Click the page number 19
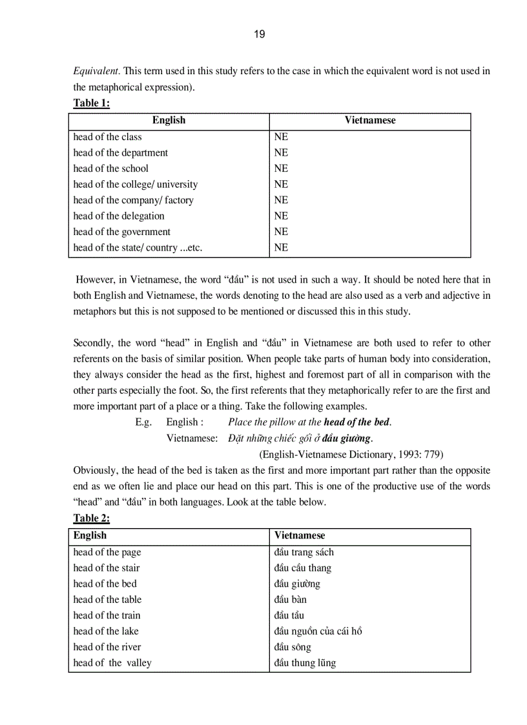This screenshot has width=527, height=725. pos(259,35)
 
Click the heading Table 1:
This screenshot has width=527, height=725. pos(91,103)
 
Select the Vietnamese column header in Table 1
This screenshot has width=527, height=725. pos(370,120)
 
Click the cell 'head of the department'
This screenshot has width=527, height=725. pos(121,153)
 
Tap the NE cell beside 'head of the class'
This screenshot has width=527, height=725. pos(281,137)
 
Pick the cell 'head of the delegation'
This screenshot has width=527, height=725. pos(119,216)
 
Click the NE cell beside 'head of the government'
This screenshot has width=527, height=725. pos(281,232)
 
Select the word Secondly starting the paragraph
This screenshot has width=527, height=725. pos(93,343)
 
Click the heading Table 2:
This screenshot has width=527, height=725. pos(91,518)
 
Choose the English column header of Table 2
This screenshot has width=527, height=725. pos(90,536)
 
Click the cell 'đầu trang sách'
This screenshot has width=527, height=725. pos(304,553)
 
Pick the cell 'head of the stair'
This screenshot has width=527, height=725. pos(107,568)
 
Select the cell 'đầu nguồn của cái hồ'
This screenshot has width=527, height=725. pos(318,631)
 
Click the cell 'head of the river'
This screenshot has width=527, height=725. pos(107,647)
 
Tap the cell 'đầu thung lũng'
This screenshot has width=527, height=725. pos(305,663)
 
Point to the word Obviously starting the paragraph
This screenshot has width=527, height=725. pos(96,470)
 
